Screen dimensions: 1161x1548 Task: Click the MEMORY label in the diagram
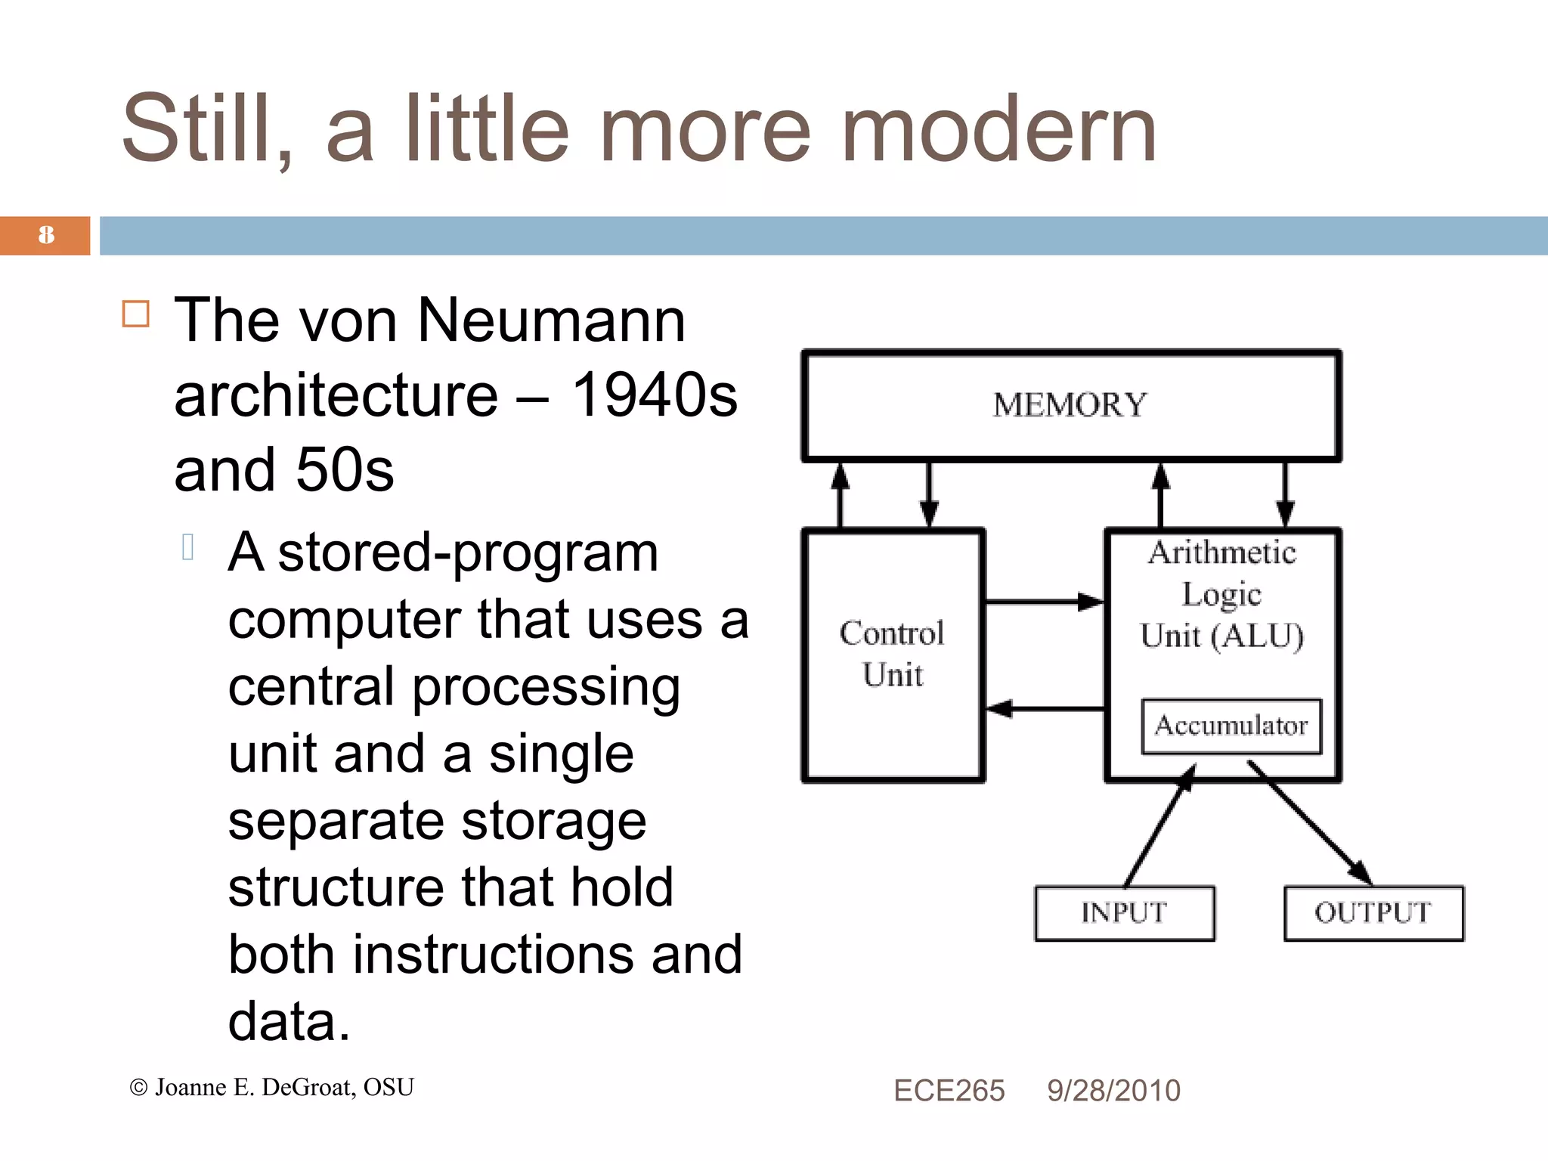[x=1070, y=405]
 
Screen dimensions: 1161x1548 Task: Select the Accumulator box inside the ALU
[x=1231, y=726]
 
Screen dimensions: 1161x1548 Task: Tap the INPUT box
[x=1124, y=912]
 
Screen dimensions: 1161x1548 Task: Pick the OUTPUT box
[x=1373, y=912]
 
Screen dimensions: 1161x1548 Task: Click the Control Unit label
[x=893, y=653]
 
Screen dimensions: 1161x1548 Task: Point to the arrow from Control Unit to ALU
[x=1043, y=602]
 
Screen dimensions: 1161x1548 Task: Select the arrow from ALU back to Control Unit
[x=1043, y=709]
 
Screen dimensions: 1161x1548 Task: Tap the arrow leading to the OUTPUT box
[x=1311, y=824]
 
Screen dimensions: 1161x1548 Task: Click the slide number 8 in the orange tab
[x=46, y=235]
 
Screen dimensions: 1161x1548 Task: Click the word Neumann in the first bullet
[x=550, y=320]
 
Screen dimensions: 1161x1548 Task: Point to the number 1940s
[x=654, y=395]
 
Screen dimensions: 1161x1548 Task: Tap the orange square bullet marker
[x=136, y=314]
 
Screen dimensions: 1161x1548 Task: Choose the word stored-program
[x=468, y=553]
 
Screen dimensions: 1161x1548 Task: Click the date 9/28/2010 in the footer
[x=1113, y=1091]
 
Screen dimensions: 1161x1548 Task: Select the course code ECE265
[x=949, y=1091]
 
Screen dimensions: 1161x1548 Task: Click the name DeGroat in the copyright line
[x=308, y=1088]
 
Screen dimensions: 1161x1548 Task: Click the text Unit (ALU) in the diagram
[x=1222, y=636]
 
